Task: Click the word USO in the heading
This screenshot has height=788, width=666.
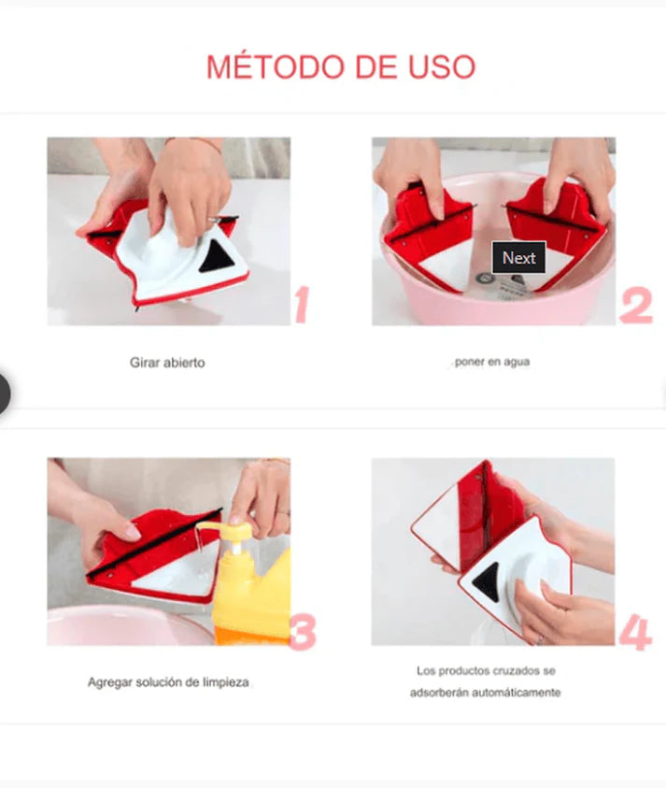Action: [x=442, y=67]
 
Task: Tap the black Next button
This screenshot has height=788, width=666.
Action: [x=518, y=258]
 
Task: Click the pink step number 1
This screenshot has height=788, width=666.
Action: [x=302, y=304]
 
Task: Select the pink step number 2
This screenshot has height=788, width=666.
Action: [x=636, y=306]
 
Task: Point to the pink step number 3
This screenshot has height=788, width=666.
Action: [x=303, y=632]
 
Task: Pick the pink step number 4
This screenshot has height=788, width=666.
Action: [x=635, y=632]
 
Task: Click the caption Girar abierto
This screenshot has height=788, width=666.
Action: [x=167, y=363]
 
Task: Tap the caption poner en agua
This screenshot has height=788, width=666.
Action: [x=491, y=362]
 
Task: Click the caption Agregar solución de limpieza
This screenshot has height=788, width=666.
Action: [x=168, y=682]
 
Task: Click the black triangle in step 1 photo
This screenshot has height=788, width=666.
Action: [x=218, y=256]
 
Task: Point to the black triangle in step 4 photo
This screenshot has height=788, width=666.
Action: [x=487, y=580]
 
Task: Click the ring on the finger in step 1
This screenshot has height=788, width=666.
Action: [x=215, y=220]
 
